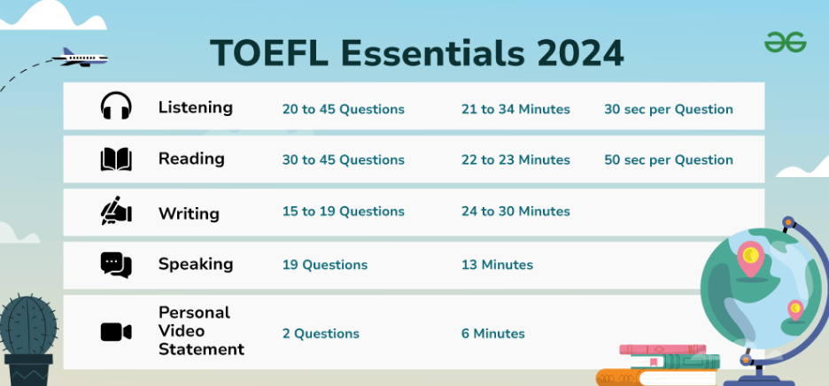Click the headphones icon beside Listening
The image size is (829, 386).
click(116, 105)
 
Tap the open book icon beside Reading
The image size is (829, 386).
click(116, 159)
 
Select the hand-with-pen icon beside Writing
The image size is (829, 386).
click(116, 211)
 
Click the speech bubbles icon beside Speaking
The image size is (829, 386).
click(116, 265)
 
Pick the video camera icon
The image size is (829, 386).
click(116, 332)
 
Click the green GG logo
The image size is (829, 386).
click(785, 42)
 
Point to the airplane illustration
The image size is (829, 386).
click(81, 58)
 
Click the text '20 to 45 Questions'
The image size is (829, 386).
click(343, 110)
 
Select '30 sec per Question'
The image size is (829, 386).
click(669, 110)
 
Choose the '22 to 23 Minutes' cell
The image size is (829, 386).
click(515, 159)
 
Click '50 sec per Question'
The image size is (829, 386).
click(669, 159)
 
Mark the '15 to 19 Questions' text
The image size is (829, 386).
click(343, 212)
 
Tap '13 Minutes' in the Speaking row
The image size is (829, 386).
click(497, 265)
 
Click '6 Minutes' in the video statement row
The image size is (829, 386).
click(492, 334)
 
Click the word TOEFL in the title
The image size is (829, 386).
click(269, 53)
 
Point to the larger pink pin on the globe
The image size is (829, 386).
click(750, 259)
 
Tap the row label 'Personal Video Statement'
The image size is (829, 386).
click(201, 331)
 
